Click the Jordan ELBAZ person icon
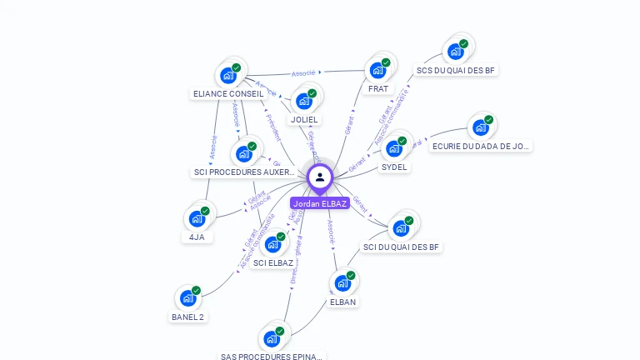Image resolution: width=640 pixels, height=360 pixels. tap(320, 177)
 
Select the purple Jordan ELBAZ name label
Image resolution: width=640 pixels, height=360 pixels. tap(320, 203)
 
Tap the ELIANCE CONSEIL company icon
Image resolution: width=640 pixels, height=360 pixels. tap(228, 75)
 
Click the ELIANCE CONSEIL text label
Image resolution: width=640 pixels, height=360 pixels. tap(228, 94)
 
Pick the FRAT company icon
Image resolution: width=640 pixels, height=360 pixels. tap(378, 70)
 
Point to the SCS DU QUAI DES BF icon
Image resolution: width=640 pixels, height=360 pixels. tap(456, 52)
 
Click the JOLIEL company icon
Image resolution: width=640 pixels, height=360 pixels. tap(304, 101)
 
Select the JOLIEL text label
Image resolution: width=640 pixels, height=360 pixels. tap(304, 120)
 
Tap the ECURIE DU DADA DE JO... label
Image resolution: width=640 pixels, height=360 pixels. tap(481, 146)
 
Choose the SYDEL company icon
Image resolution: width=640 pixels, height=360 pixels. tap(394, 148)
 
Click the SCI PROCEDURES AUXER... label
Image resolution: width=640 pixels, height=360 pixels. tap(244, 172)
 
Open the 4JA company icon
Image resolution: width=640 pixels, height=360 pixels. tap(197, 218)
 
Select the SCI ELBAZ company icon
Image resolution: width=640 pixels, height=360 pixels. tap(272, 244)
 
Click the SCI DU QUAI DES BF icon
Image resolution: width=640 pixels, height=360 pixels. tap(401, 227)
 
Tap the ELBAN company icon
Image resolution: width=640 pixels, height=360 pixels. tap(342, 283)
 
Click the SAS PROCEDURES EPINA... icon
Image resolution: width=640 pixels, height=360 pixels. tap(272, 338)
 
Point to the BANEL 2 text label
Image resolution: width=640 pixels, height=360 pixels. tap(188, 317)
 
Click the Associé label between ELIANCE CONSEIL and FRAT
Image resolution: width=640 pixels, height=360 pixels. tap(303, 73)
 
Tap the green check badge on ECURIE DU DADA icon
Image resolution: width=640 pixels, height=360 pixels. tap(489, 120)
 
